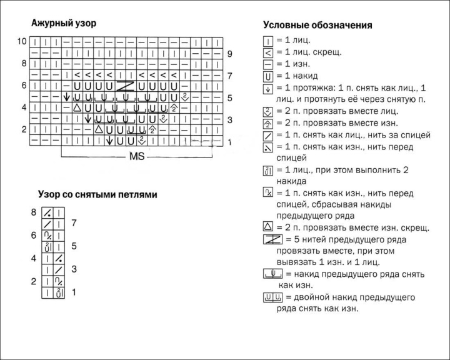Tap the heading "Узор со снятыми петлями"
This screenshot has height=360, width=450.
coord(97,194)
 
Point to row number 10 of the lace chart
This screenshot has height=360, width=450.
coord(22,41)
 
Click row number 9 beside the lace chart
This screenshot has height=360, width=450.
coord(229,54)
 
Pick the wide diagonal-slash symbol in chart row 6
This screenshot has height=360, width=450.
coord(126,86)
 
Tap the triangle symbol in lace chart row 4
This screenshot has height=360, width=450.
coord(77,107)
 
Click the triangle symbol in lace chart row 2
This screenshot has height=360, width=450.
coord(99,130)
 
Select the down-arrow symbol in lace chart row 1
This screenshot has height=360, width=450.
coord(109,141)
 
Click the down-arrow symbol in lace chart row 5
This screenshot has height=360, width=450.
coord(67,97)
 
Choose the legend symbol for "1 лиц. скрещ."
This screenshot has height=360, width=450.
coord(267,52)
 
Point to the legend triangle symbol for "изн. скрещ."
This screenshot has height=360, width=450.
coord(267,226)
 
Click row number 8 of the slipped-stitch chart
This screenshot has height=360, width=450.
coord(33,212)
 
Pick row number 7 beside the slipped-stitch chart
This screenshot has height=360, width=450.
coord(74,222)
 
